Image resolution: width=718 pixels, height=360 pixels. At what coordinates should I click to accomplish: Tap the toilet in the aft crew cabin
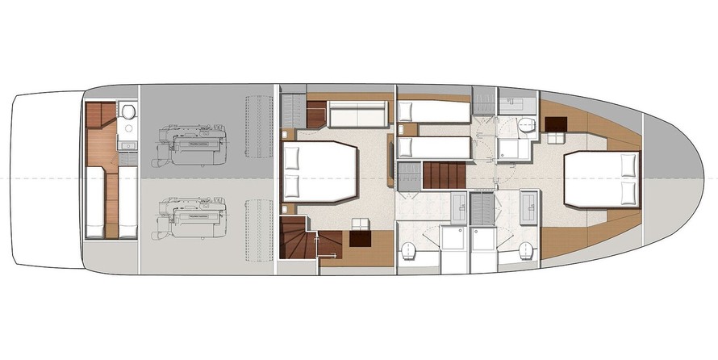(x=126, y=113)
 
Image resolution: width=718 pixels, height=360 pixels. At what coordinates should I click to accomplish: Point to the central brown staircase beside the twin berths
(x=444, y=175)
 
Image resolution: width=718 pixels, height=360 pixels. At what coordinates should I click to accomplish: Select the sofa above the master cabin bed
(x=358, y=115)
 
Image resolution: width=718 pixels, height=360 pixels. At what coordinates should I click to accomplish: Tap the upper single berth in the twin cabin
(x=434, y=111)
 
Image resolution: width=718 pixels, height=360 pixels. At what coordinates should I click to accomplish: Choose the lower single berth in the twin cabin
(x=434, y=147)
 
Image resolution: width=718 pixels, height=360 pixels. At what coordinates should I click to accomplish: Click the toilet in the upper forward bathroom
(x=526, y=123)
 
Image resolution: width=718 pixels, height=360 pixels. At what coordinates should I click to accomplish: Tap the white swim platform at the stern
(x=44, y=179)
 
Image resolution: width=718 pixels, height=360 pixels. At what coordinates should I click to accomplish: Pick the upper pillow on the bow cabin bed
(x=627, y=165)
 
